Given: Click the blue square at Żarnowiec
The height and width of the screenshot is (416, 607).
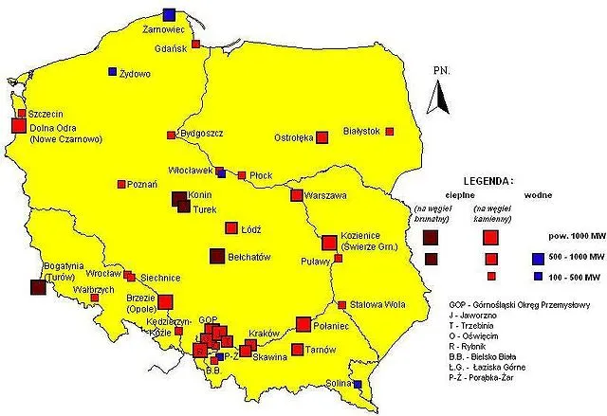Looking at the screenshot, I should (x=169, y=13).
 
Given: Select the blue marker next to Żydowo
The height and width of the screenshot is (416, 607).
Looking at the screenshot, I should (x=112, y=72).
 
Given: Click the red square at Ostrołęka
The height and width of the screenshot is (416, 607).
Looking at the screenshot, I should (x=322, y=136).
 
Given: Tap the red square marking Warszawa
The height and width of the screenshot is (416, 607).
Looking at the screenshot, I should (x=298, y=196).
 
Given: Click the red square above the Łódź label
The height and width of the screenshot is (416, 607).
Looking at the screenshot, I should (x=231, y=227).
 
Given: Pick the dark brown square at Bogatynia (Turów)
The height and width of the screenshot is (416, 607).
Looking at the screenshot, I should (x=38, y=287).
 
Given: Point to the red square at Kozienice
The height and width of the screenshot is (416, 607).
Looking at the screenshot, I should (x=329, y=242).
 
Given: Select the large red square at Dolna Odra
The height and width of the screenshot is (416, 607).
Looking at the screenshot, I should (x=18, y=125).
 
